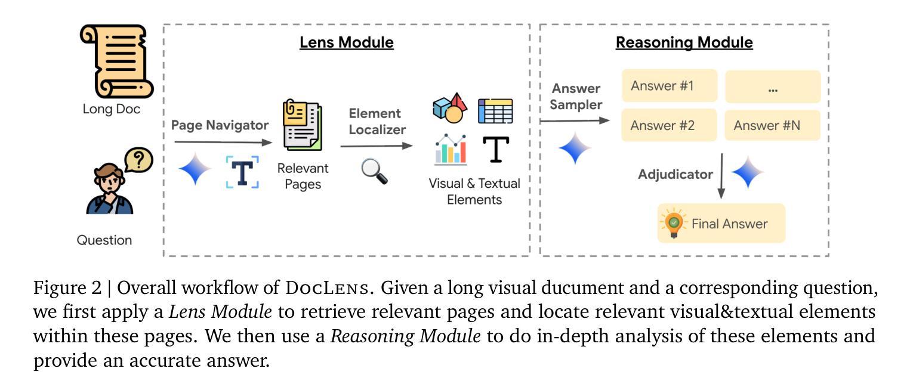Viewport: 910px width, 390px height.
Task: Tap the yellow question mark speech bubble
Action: pos(138,160)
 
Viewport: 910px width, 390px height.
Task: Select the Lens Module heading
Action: pos(346,43)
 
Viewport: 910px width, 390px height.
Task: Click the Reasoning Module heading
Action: pos(684,43)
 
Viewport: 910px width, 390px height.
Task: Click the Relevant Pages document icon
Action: pos(302,126)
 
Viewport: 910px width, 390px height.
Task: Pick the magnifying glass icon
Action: pos(375,172)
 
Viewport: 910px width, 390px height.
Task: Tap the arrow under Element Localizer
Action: pos(376,146)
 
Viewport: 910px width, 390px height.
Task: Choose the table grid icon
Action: pos(495,110)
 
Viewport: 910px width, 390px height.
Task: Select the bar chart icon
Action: pos(451,150)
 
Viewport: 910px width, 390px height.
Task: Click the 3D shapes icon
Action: pos(450,108)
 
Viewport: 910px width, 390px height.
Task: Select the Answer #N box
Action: pos(773,125)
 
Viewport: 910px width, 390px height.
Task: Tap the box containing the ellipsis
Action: pos(773,87)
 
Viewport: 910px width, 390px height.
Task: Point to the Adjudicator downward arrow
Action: pos(721,176)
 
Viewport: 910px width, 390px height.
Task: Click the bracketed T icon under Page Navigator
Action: pos(242,172)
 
